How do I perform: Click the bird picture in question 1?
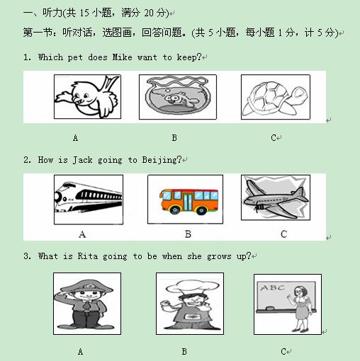point(87,97)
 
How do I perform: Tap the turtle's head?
point(298,95)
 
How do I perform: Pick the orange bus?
point(189,201)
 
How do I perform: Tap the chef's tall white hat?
point(192,287)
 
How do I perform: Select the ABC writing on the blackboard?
point(272,287)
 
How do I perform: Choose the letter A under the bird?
point(75,138)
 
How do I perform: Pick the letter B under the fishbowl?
point(174,138)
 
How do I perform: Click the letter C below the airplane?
point(283,234)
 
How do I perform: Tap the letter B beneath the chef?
point(184,352)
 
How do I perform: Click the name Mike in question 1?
point(122,57)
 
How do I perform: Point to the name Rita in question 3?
point(88,256)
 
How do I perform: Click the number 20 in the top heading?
point(149,13)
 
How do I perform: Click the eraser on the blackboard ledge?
point(270,308)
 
